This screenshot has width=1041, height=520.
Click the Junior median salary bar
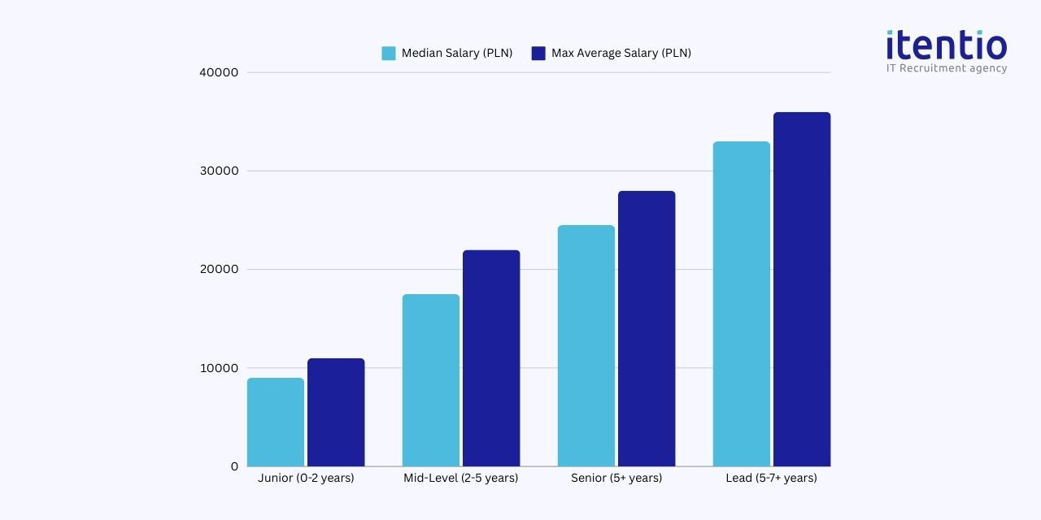276,422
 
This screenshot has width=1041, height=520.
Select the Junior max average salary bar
336,413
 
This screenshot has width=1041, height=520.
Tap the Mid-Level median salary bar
431,380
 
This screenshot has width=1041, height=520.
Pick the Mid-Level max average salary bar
491,358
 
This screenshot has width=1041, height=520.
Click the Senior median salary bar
586,346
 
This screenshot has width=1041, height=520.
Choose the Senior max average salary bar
647,329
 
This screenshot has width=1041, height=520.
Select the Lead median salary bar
742,304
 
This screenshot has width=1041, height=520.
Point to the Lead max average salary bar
802,289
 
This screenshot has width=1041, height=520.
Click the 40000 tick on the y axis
219,72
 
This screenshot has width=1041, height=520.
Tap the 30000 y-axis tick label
219,171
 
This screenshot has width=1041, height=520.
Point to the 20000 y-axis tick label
219,270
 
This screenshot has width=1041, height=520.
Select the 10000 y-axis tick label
219,368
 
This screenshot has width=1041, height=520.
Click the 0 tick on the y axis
234,466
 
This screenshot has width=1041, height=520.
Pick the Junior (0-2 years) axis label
306,478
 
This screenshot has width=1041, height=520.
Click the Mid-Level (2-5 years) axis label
460,478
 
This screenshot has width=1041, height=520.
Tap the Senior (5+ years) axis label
616,478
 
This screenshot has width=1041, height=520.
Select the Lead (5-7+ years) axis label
771,478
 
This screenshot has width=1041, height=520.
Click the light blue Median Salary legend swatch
389,54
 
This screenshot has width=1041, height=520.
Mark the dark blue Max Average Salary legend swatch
538,54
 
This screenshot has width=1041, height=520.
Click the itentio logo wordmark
947,45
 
